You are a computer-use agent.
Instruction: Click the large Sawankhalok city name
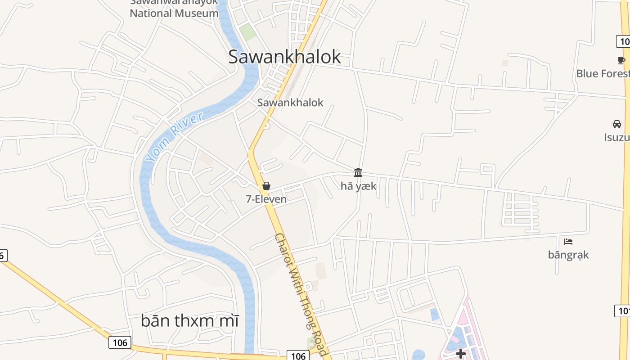tap(284, 57)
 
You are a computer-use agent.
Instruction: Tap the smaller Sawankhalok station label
tap(290, 103)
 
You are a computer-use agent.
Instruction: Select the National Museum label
tap(174, 13)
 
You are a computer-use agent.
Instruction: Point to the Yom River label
tap(174, 137)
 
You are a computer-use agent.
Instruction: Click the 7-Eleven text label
tap(266, 199)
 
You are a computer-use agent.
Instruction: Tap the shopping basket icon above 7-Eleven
tap(266, 186)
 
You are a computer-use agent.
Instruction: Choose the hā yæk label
tap(358, 186)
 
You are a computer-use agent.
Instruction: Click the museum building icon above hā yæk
tap(358, 172)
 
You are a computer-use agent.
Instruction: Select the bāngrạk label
tap(568, 255)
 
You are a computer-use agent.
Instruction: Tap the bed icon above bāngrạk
tap(568, 242)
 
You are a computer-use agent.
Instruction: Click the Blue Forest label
tap(603, 73)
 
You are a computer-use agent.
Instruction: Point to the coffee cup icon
tap(621, 60)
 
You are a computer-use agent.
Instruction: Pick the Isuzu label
tap(616, 137)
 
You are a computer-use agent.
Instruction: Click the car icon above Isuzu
tap(617, 124)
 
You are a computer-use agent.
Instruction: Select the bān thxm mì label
tap(189, 321)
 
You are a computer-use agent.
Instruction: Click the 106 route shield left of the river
tap(120, 342)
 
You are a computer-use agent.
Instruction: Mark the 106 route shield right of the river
tap(298, 356)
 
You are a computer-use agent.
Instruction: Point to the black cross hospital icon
tap(460, 354)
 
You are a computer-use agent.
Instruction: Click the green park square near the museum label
tap(247, 32)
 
